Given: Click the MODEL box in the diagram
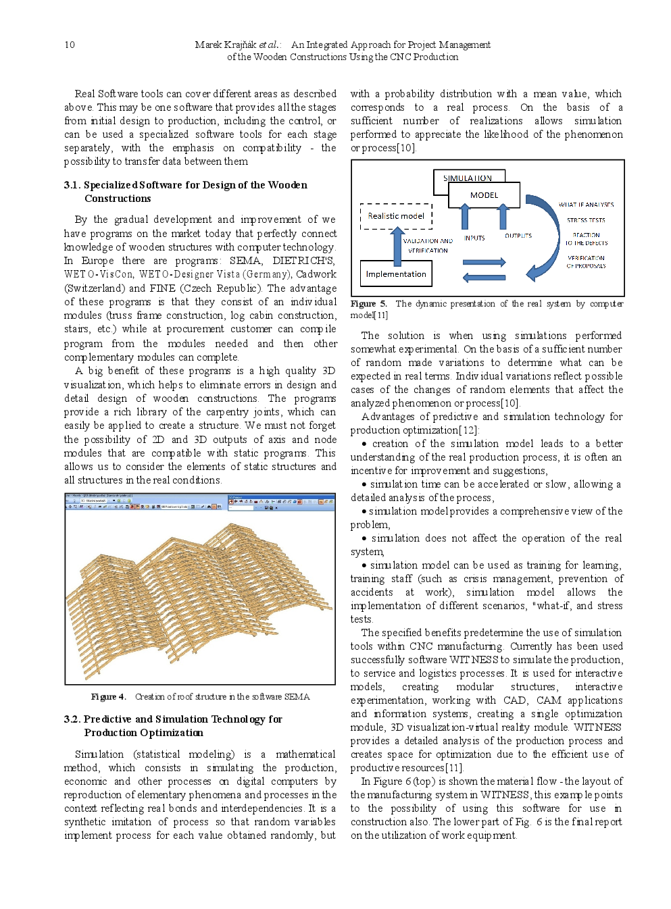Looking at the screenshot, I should pos(484,195).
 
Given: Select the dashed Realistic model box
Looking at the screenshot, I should pos(396,216).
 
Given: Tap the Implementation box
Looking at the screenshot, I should pos(396,274).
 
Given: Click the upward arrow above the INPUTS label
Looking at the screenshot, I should pos(466,217).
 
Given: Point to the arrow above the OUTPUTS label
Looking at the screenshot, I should pos(503,217).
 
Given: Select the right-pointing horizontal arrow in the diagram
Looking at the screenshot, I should pos(484,262).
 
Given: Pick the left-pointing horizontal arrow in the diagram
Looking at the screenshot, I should pos(484,277).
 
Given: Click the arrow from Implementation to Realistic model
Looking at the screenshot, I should pos(397,244).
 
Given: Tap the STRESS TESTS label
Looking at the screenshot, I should pos(586,220).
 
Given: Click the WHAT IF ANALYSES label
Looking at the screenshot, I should pos(586,205).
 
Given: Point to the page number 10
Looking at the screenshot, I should pos(70,45).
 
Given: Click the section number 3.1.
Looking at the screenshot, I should pos(72,185).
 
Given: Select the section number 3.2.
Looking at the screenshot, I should pos(72,719).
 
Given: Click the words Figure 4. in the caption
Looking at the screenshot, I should pos(108,697).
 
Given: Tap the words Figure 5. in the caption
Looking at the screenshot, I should pos(368,304).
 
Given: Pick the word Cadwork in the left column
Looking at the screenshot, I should pos(316,274).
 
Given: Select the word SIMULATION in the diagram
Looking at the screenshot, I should pos(468,178).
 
